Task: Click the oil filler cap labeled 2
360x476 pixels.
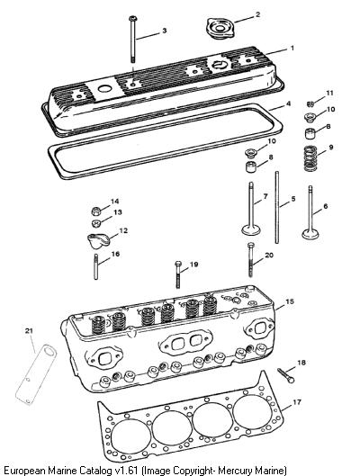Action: (220, 28)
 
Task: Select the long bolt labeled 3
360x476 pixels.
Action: (133, 40)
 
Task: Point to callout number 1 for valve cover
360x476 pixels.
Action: (292, 48)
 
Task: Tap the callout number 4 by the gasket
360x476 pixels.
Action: (288, 103)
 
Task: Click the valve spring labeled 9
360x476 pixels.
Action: (310, 158)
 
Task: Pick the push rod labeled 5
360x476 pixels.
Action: (277, 207)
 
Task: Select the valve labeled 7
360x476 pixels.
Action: (251, 209)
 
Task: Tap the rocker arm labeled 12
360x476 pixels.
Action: (97, 241)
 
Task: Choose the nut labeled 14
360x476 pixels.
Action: (96, 211)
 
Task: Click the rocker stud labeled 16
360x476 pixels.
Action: (96, 267)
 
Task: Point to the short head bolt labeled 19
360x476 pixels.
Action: (178, 274)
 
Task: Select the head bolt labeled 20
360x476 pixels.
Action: (250, 259)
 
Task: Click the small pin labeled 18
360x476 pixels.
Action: (285, 375)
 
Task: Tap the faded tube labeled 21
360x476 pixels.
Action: (36, 374)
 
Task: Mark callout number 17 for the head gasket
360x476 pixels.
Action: (297, 402)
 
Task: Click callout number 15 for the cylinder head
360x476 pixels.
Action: (290, 301)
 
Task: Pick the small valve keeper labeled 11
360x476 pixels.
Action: (310, 104)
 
